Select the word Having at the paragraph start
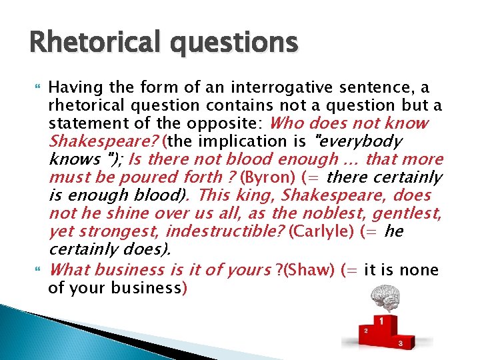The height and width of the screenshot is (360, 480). pos(73,87)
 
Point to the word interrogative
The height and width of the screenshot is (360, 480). pos(303,87)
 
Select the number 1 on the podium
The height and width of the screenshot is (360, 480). pos(381,321)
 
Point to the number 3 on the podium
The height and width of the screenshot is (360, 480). pos(399,343)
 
